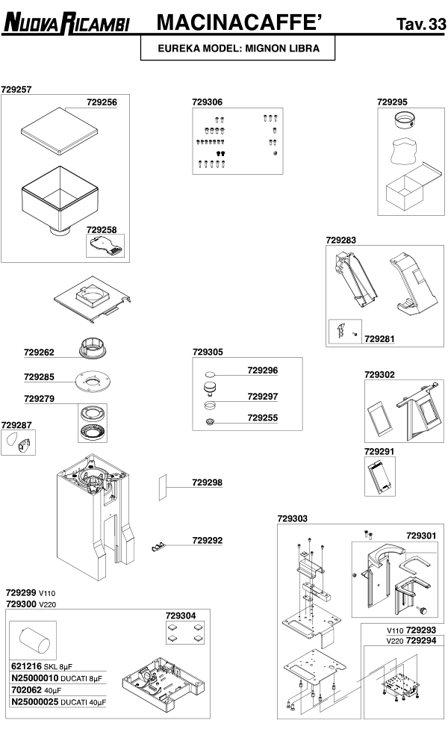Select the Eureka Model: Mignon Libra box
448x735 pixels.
(x=239, y=49)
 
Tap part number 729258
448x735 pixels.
(x=102, y=230)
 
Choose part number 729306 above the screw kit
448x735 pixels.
(x=207, y=102)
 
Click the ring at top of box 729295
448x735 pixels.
(x=406, y=118)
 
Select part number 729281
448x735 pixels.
(x=379, y=338)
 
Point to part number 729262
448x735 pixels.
(x=39, y=352)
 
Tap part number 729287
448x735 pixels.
(x=16, y=425)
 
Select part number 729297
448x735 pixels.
(x=263, y=397)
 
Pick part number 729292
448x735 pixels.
(x=208, y=540)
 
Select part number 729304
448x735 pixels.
(x=181, y=615)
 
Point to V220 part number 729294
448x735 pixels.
(x=421, y=641)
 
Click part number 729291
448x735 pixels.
(x=379, y=452)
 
